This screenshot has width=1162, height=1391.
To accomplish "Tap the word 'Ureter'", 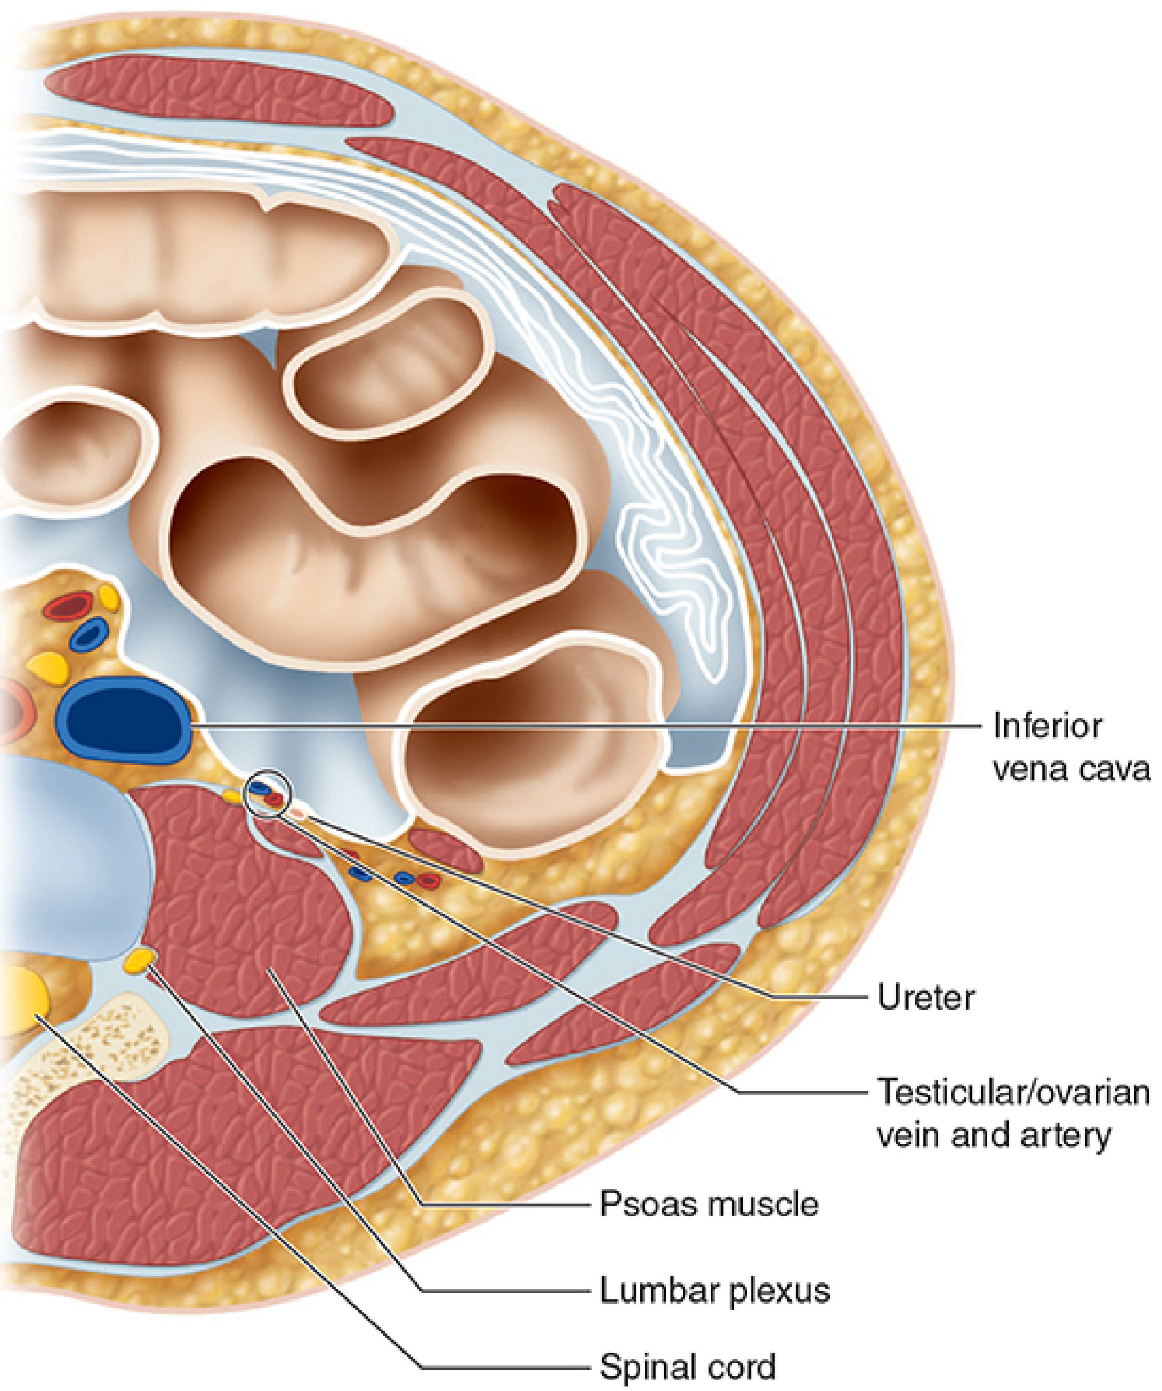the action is tap(926, 997).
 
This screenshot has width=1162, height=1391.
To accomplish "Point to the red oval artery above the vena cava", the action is tap(68, 606).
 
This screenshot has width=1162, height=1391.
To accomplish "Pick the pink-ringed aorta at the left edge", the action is tap(15, 712).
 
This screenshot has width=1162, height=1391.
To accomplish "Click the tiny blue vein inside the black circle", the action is tap(260, 788).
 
